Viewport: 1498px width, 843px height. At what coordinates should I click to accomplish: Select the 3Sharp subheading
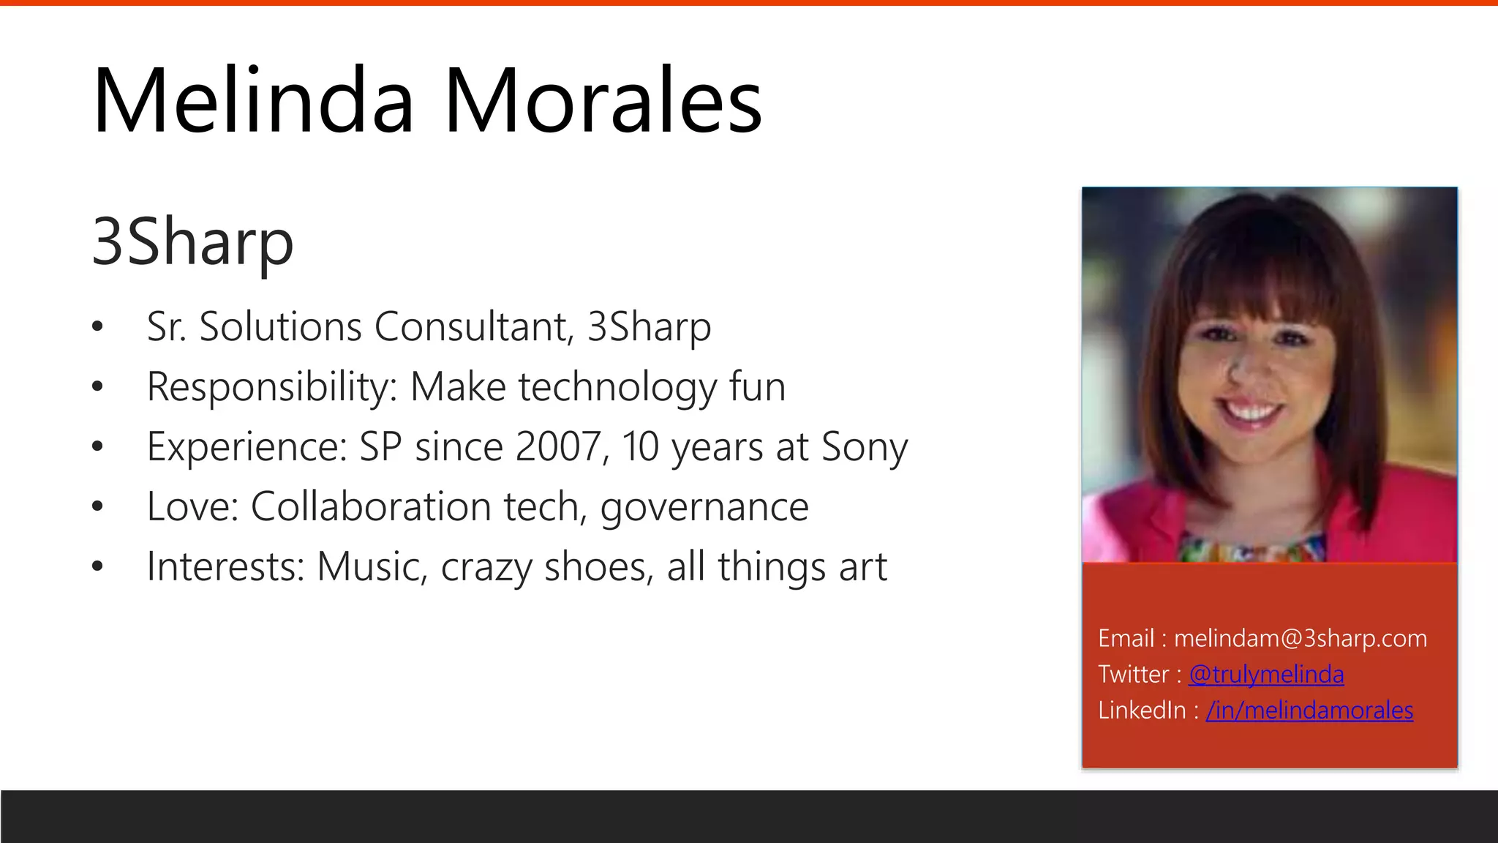pos(192,241)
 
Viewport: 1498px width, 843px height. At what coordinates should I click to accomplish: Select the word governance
pos(704,506)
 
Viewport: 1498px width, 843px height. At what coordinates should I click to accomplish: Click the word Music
pos(372,566)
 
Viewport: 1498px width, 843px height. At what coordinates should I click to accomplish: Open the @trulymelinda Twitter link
pos(1266,674)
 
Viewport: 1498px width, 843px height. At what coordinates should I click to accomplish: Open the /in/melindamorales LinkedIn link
pos(1309,710)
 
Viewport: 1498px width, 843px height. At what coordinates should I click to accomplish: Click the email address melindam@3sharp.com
pos(1301,638)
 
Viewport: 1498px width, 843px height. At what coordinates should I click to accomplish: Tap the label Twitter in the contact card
pos(1134,674)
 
